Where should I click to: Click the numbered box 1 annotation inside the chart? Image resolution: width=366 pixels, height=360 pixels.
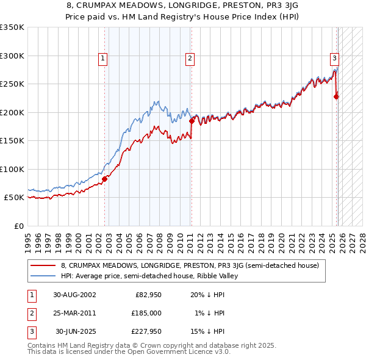point(102,59)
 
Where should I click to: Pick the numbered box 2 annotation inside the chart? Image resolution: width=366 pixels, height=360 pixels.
point(190,59)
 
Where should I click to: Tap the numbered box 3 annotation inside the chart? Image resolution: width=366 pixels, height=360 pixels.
point(335,59)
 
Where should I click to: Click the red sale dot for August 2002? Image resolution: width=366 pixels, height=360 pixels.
point(104,179)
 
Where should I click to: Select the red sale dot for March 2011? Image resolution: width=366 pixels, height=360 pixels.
point(192,121)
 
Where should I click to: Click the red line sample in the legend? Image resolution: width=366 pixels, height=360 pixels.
point(43,265)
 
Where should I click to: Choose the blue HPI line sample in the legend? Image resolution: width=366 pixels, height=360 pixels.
point(43,276)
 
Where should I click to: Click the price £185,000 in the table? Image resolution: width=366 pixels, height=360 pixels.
point(147,313)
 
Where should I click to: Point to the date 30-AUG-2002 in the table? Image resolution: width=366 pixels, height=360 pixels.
point(74,294)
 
